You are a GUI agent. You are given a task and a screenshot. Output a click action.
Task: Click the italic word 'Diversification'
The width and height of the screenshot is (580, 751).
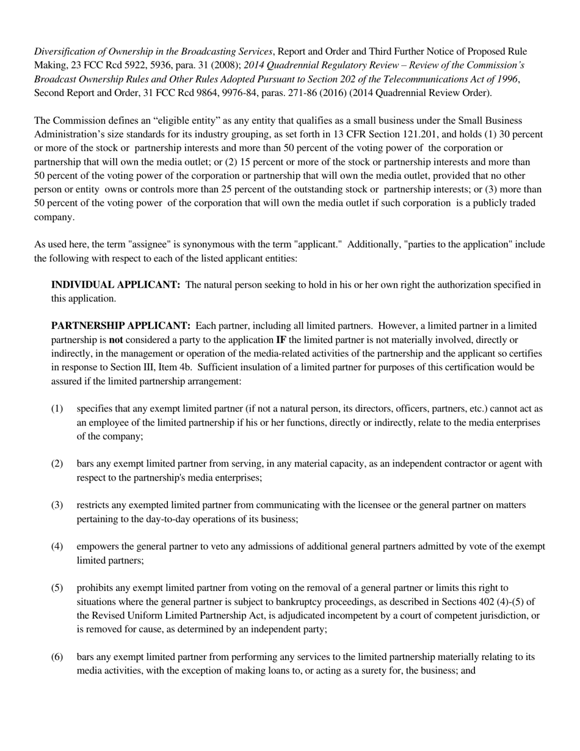tap(65, 51)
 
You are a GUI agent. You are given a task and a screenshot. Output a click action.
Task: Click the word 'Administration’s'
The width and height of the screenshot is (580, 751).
tap(71, 134)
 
